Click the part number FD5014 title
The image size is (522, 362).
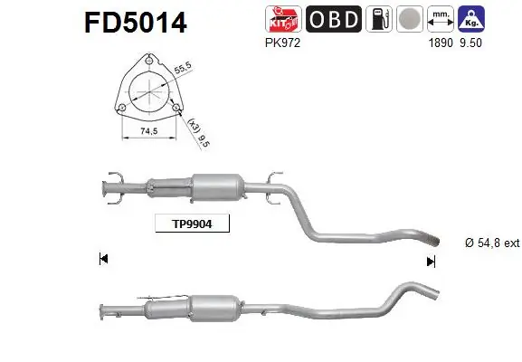[x=136, y=21]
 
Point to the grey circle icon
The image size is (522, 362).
[x=411, y=20]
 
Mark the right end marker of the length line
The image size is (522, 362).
[x=431, y=261]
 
